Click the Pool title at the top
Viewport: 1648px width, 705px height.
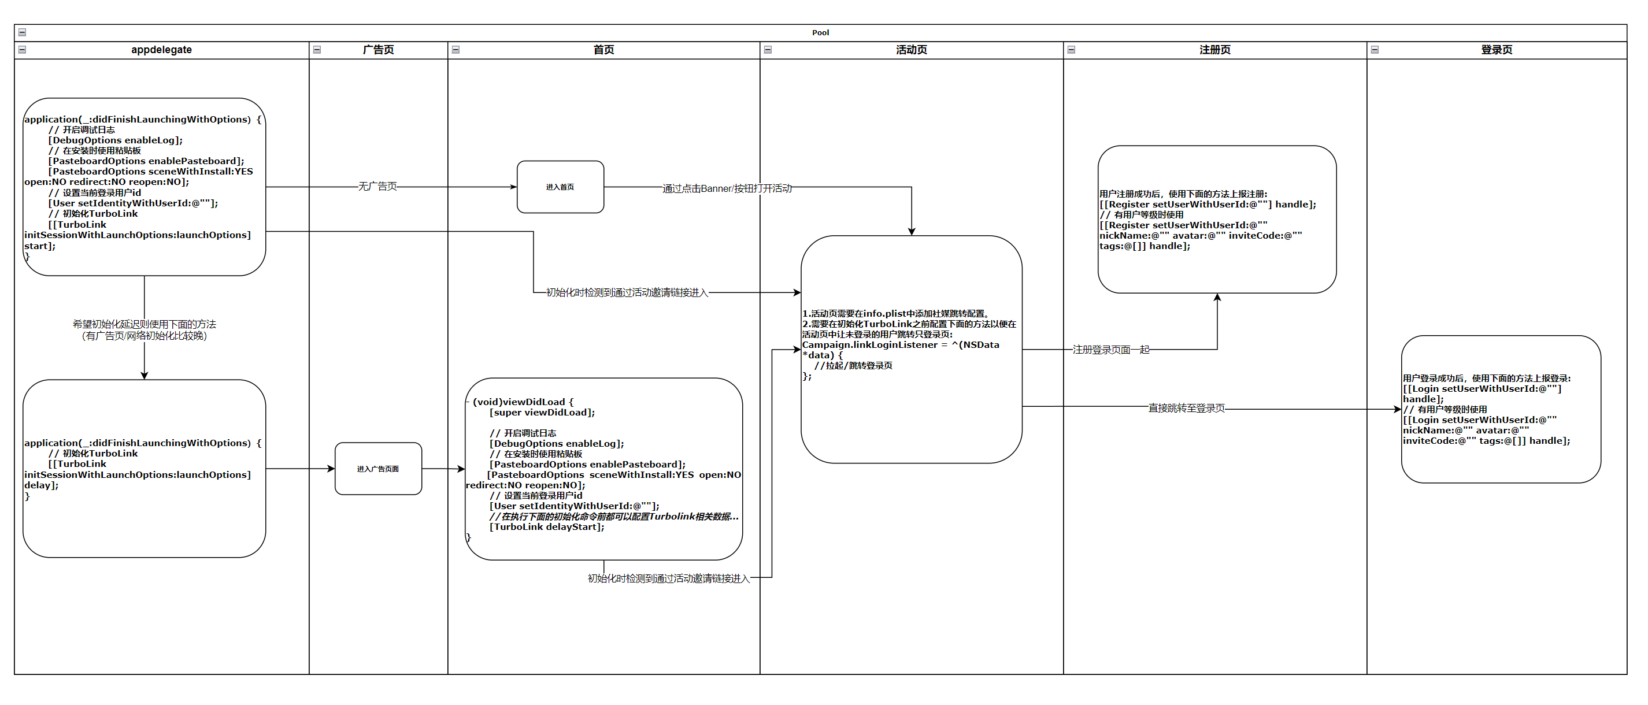[x=820, y=32]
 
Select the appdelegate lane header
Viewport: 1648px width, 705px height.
[x=161, y=50]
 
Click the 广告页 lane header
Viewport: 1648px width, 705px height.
[x=378, y=50]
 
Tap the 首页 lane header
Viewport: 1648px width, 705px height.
[x=603, y=50]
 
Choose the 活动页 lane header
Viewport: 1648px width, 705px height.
[x=911, y=50]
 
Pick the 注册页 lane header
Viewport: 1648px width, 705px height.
[x=1214, y=50]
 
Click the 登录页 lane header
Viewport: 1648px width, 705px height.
[x=1497, y=50]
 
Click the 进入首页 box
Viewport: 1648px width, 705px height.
[x=560, y=187]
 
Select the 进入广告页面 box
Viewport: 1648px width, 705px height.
[x=378, y=469]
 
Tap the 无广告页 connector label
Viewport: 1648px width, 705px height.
[x=377, y=186]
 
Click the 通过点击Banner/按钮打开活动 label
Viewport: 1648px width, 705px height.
[x=727, y=188]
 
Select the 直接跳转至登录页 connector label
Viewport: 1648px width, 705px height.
[x=1186, y=408]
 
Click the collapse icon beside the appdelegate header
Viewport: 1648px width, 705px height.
[x=23, y=50]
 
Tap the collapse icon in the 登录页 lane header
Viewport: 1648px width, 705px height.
[x=1375, y=50]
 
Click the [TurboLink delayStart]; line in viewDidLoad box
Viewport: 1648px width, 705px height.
[x=546, y=527]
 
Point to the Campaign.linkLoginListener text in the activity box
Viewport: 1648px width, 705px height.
[x=869, y=345]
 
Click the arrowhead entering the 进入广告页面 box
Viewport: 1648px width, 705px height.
[x=331, y=469]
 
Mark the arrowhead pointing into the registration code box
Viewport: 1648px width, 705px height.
[x=1217, y=298]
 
